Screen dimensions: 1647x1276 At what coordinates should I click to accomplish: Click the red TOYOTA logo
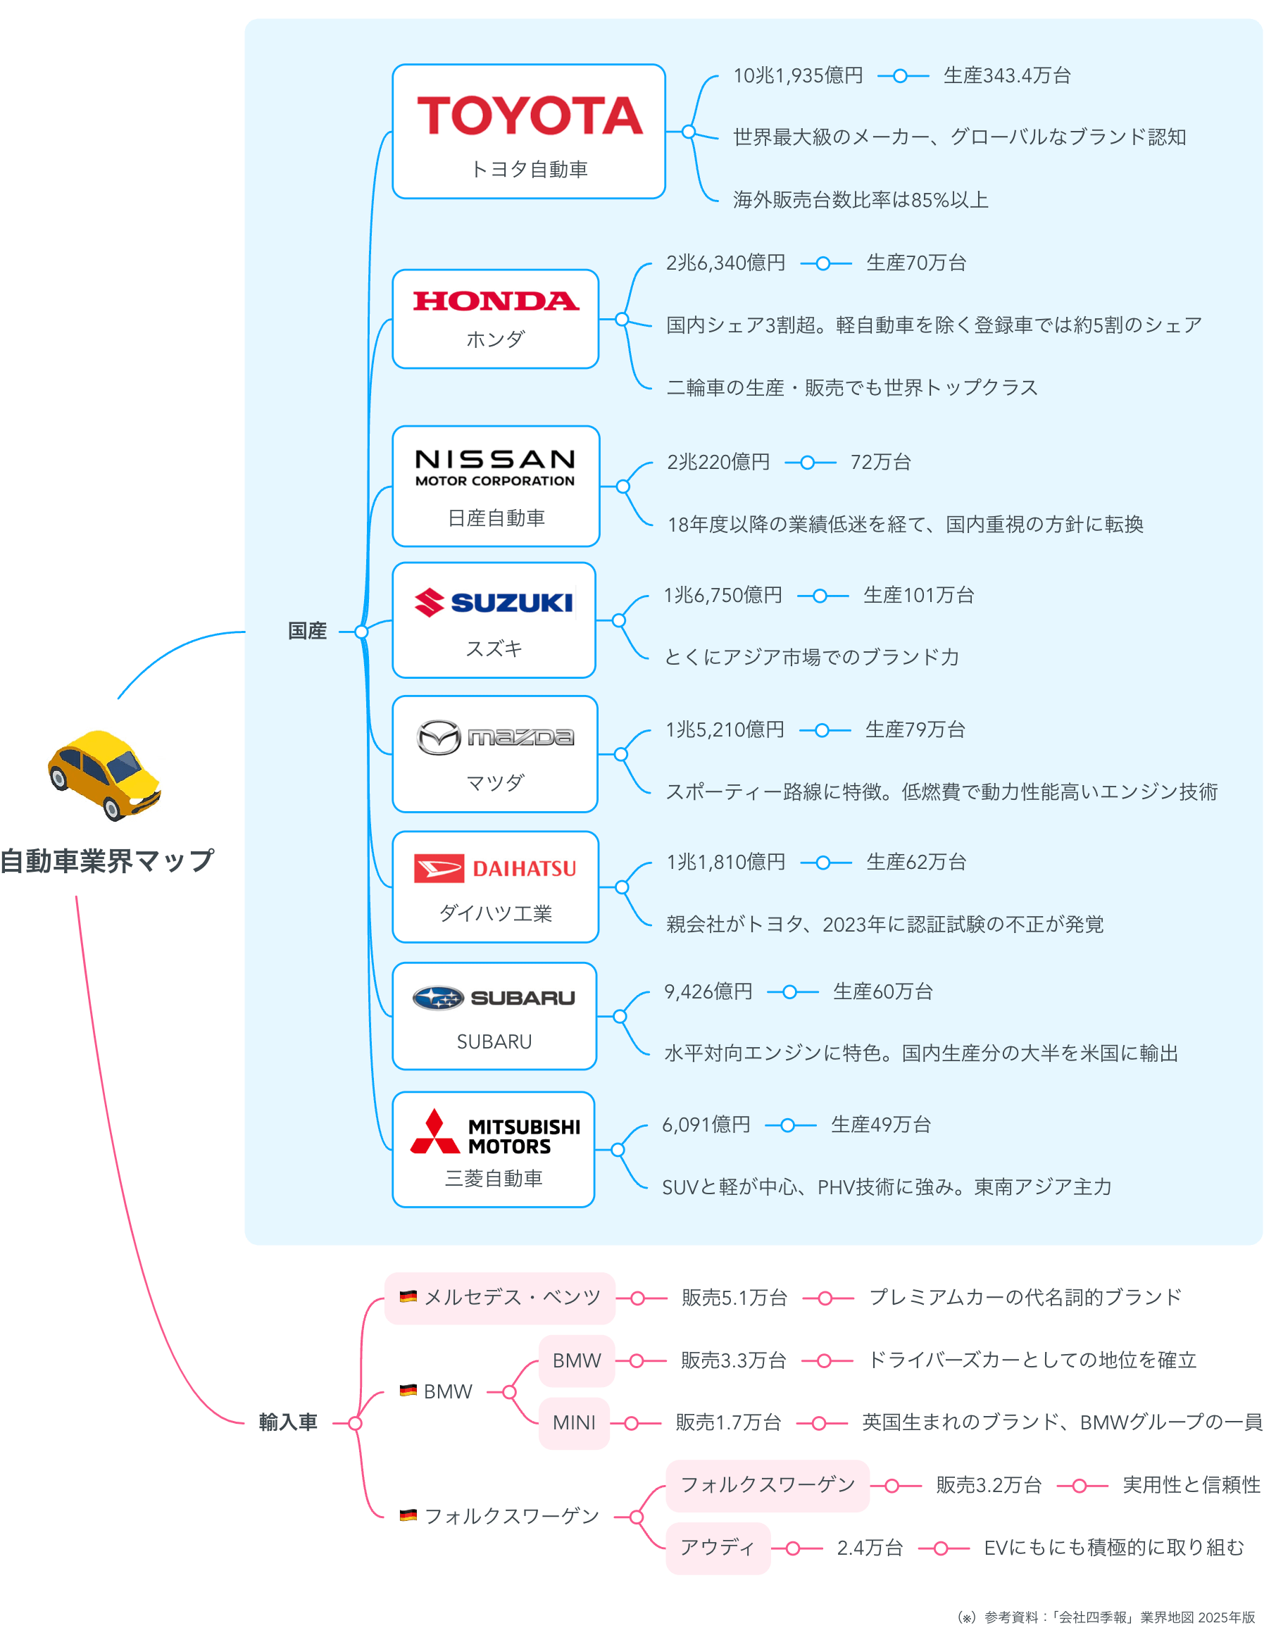(530, 115)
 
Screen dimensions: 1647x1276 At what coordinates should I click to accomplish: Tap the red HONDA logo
(496, 301)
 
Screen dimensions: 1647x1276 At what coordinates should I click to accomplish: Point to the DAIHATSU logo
(495, 868)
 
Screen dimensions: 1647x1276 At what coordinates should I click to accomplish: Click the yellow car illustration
(104, 775)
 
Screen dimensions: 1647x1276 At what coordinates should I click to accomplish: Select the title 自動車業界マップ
(107, 860)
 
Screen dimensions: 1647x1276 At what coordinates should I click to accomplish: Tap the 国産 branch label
(307, 631)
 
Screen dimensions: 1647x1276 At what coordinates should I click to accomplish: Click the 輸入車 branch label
(287, 1422)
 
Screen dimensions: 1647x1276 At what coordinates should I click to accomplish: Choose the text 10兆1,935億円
(798, 75)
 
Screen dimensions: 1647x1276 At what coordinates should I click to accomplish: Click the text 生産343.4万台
(1006, 75)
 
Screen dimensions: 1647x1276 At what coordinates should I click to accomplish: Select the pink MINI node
(574, 1423)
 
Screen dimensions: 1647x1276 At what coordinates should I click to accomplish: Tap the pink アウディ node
(717, 1548)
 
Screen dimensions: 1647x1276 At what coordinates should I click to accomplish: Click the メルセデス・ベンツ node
(512, 1298)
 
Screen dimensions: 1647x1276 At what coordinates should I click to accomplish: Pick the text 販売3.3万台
(733, 1360)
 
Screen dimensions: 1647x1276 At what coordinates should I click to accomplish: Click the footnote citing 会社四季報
(1106, 1617)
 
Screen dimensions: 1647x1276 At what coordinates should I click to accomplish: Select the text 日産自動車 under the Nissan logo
(496, 518)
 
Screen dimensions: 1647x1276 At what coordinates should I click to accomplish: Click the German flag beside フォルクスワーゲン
(408, 1515)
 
